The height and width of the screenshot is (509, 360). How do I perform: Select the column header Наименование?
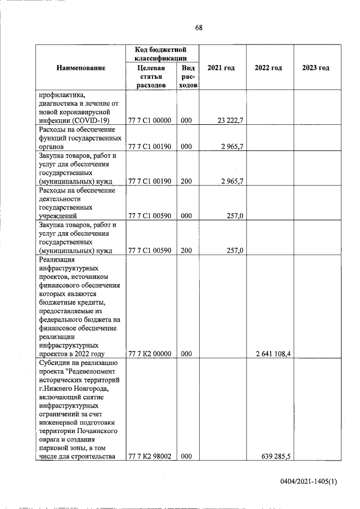(81, 68)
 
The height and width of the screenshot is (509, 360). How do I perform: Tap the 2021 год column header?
(221, 68)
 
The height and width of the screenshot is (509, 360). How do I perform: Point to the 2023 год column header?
(316, 68)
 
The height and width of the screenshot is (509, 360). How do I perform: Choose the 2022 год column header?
(268, 68)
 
